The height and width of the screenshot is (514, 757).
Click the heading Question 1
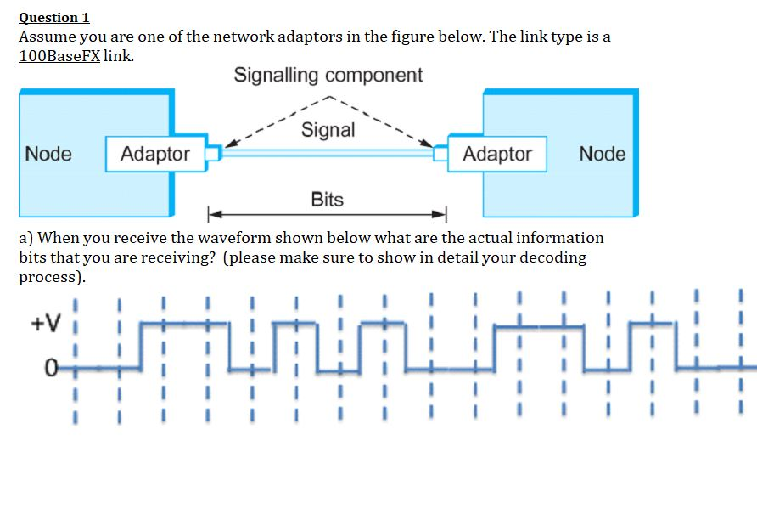coord(54,17)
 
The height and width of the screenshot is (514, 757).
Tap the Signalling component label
coord(328,75)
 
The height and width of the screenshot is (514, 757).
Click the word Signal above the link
coord(328,130)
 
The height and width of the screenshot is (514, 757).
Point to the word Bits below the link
coord(327,200)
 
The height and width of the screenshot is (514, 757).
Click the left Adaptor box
coord(155,154)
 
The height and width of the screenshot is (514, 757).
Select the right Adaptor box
coord(497,154)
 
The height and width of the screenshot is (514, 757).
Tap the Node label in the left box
coord(49,154)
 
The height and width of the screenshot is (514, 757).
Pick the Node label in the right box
coord(602,154)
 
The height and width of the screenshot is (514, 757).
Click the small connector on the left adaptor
coord(214,153)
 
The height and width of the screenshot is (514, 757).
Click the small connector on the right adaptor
coord(440,153)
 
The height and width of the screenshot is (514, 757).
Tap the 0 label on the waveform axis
coord(52,368)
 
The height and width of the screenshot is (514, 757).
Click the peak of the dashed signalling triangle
coord(328,96)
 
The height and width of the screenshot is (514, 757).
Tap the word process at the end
coord(48,278)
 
